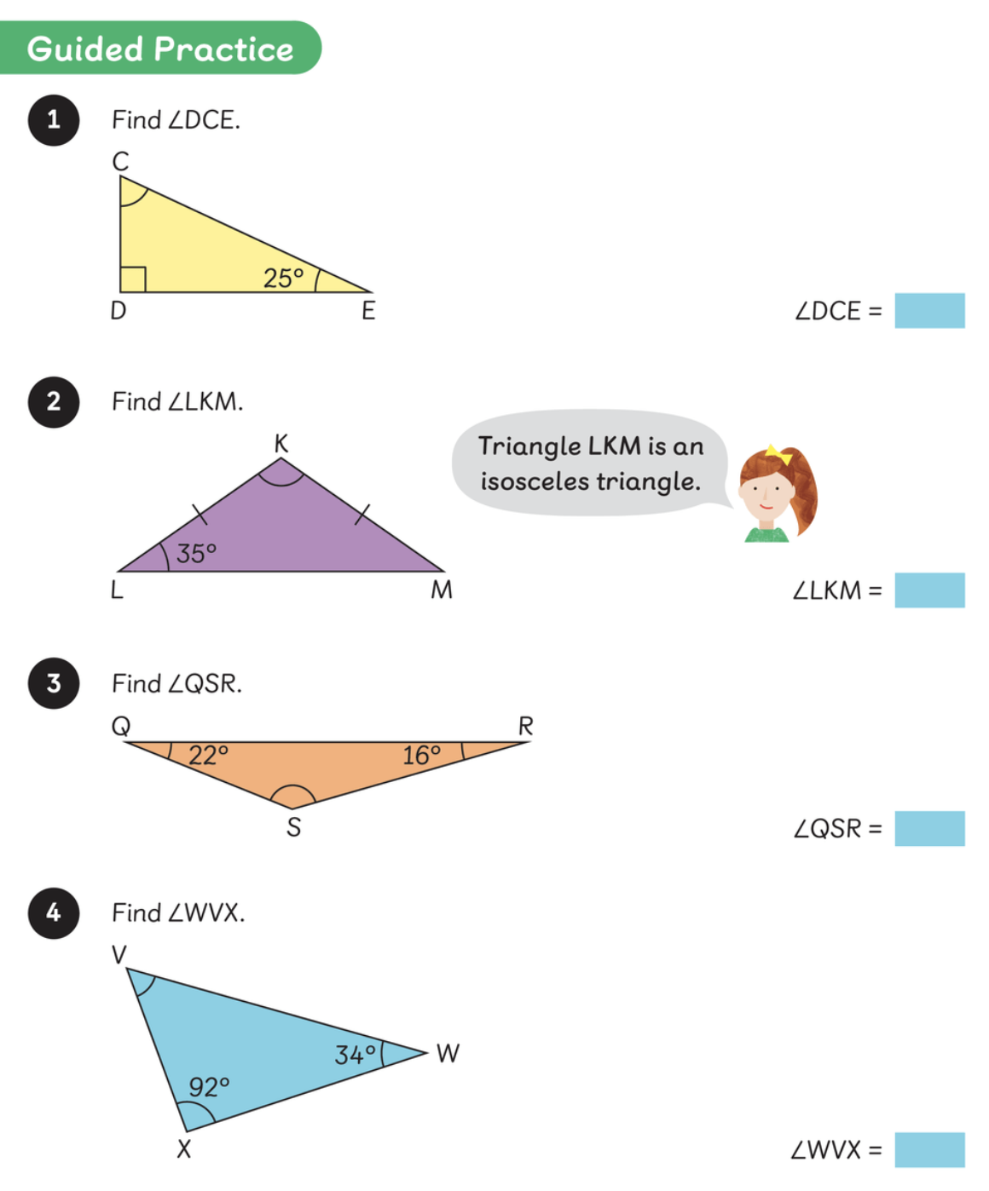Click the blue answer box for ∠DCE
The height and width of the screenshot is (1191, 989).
929,311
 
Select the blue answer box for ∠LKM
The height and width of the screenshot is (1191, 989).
929,590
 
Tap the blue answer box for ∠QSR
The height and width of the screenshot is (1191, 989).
929,828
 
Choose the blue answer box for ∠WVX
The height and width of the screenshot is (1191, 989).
929,1149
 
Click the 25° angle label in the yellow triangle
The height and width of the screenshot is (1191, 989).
283,279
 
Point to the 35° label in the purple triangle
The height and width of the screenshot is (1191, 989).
196,554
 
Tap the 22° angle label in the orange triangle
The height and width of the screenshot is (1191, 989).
208,756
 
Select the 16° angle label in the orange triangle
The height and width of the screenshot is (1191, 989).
421,756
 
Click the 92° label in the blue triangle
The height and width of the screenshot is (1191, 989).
209,1087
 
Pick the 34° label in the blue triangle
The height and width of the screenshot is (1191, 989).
355,1056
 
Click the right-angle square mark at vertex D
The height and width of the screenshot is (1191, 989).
133,279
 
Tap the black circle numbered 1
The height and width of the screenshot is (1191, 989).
54,120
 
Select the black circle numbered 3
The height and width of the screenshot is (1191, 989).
54,683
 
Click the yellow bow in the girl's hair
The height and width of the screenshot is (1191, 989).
778,453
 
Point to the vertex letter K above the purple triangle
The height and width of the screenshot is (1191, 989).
281,444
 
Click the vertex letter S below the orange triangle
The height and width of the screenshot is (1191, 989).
293,827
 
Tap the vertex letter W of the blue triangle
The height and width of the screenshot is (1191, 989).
448,1054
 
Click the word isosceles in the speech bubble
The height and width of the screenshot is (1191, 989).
535,482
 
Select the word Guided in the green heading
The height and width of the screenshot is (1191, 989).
85,49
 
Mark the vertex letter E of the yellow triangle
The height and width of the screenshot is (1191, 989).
368,311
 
